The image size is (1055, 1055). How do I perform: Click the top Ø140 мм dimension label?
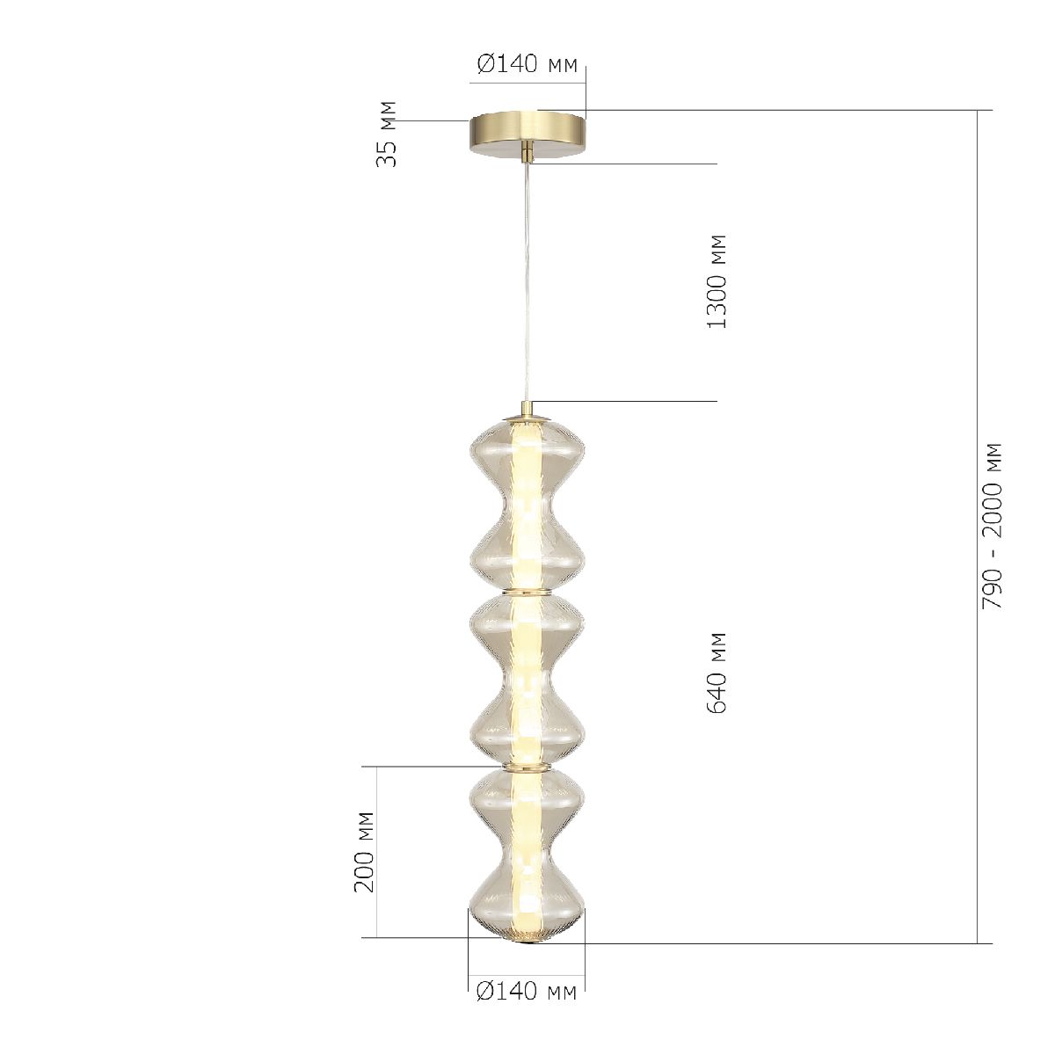527,65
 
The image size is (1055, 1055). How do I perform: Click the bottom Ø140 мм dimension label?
527,993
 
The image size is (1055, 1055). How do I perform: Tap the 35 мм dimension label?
387,134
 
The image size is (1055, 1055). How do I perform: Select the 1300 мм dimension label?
717,281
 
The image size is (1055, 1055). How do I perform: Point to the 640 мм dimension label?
717,673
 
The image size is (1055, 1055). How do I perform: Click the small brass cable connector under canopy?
527,154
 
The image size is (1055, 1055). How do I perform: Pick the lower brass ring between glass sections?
527,768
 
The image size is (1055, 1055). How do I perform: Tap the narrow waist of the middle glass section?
527,680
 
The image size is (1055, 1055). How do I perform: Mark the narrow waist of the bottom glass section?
527,853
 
